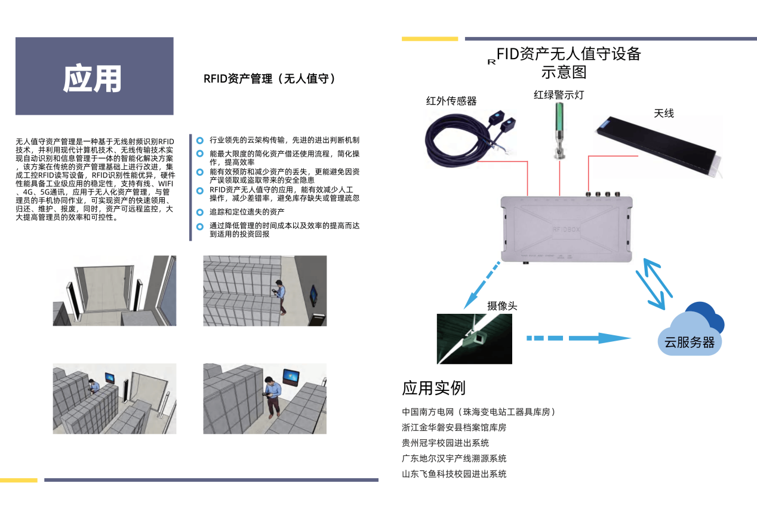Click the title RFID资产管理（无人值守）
click(269, 78)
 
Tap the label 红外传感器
click(451, 101)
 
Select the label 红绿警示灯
click(559, 94)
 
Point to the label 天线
click(664, 113)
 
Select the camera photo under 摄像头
click(474, 339)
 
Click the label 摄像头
click(502, 306)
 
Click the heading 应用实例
click(433, 388)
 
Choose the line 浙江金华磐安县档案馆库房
click(454, 427)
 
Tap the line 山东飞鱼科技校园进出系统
click(454, 474)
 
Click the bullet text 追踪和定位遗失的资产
click(247, 212)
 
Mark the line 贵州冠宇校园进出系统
click(445, 443)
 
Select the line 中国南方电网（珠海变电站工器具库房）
click(479, 412)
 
